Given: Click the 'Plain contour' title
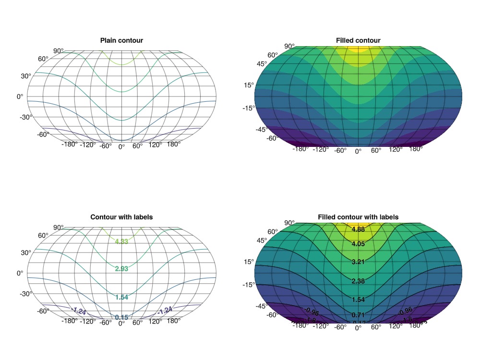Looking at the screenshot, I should [121, 40].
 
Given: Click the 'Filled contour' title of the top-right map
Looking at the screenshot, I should [358, 40].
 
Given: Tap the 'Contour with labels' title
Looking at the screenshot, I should [121, 217].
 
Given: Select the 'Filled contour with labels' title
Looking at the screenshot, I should [358, 217].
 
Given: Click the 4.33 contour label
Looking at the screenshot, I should [121, 241].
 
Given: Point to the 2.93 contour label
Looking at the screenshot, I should [121, 269].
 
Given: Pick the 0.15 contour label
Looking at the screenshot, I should [121, 317].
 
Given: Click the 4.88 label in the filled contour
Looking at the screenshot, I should [358, 229].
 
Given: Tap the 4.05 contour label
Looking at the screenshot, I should [358, 244].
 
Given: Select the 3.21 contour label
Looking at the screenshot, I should [358, 263].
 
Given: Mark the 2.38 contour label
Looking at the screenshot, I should [358, 281].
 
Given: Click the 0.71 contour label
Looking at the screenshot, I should [358, 314].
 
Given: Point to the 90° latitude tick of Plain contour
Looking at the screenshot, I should [58, 51].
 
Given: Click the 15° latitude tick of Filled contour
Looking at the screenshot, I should [249, 85].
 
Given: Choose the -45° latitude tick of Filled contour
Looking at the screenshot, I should [248, 129].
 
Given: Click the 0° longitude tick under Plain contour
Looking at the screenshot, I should [121, 146].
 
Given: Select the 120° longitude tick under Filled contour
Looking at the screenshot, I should [396, 149].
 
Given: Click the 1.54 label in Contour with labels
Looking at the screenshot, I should [121, 298].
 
